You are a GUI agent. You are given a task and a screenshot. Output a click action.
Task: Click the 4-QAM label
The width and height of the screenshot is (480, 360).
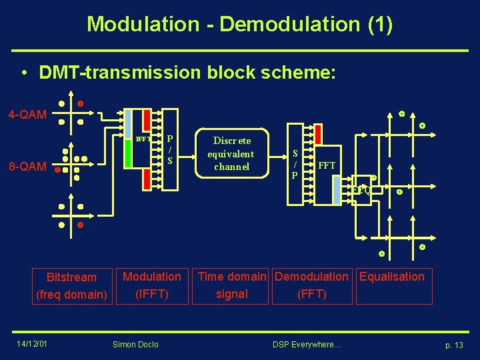(27, 115)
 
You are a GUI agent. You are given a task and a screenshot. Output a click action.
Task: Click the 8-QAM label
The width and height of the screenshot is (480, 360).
(27, 167)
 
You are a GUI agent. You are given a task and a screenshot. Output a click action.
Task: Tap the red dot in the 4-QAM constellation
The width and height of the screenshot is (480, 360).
(80, 104)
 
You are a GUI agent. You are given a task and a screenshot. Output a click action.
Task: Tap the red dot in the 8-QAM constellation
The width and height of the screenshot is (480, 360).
(57, 171)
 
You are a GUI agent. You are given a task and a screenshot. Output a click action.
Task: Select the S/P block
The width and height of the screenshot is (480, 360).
(295, 163)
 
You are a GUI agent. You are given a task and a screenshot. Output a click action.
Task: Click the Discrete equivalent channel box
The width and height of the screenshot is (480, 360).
(231, 153)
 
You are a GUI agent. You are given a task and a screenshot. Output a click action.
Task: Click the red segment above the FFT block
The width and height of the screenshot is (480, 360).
(317, 134)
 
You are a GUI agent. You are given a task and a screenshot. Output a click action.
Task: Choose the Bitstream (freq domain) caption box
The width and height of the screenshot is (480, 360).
(72, 285)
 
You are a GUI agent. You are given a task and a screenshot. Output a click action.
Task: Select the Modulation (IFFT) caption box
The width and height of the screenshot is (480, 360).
(152, 285)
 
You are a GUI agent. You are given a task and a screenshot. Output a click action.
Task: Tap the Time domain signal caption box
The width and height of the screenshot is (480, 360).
(232, 285)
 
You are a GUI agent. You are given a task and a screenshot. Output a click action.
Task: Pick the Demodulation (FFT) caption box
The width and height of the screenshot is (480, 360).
(311, 285)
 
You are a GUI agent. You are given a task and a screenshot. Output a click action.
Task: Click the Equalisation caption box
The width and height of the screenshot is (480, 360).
(392, 285)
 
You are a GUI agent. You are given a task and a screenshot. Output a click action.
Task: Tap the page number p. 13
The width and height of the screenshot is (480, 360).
(453, 344)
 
